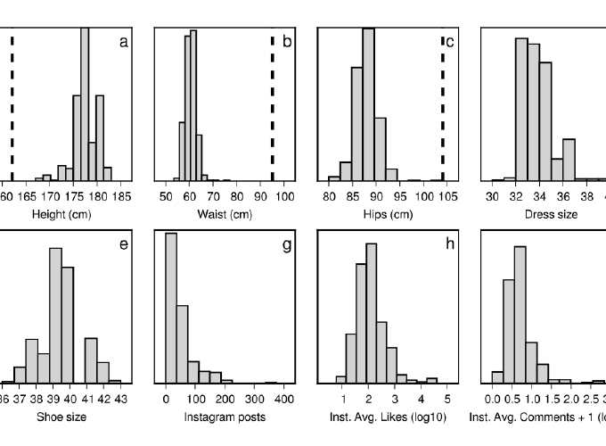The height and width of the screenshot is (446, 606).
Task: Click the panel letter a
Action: pos(124,42)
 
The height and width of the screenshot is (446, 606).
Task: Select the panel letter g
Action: pos(286,244)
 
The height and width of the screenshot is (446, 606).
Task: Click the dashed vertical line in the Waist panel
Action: pos(272,107)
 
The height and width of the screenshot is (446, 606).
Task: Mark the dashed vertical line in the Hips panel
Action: pos(442,107)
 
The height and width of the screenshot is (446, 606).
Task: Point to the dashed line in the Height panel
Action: pos(12,107)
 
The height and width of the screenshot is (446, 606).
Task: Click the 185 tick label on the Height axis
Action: pos(122,195)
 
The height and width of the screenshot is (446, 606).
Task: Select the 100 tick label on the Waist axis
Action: pos(285,195)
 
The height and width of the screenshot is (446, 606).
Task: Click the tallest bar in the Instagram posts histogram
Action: pos(171,308)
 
